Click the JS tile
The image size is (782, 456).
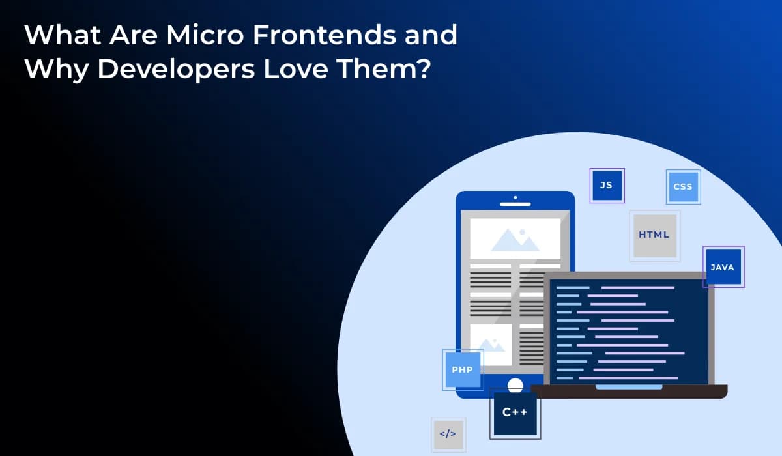click(x=607, y=186)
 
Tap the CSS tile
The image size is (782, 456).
click(x=683, y=187)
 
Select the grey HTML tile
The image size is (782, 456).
click(x=654, y=235)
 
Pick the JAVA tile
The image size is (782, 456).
click(x=723, y=267)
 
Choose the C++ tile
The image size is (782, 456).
click(x=515, y=413)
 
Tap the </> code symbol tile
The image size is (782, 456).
click(x=448, y=434)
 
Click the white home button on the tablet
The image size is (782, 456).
click(x=515, y=384)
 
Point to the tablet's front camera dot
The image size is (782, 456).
click(x=515, y=197)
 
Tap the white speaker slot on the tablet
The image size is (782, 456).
click(x=515, y=204)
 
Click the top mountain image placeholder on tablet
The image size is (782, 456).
click(x=515, y=238)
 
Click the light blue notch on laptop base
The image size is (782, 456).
click(x=629, y=387)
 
